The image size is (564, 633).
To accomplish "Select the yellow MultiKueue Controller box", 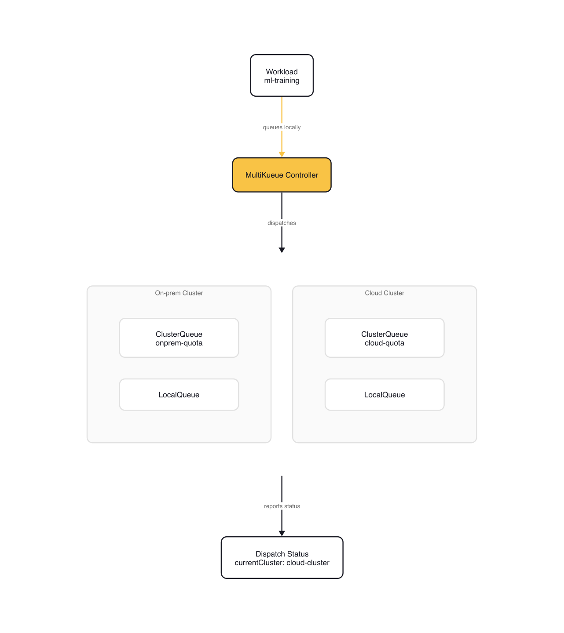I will coord(282,175).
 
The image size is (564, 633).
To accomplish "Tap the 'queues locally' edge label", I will coord(282,127).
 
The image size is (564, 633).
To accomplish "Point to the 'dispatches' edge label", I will coord(282,223).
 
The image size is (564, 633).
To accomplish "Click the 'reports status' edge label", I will coord(282,506).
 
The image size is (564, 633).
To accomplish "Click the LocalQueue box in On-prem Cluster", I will coord(179,395).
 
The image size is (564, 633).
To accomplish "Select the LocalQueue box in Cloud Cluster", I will coord(385,395).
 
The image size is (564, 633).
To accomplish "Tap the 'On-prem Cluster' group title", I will coord(179,293).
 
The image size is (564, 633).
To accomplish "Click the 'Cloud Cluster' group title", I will coord(385,293).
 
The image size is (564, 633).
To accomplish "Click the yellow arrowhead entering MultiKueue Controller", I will coord(282,154).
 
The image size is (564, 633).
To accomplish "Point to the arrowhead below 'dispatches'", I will coord(282,250).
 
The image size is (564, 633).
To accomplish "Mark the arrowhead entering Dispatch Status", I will coord(282,533).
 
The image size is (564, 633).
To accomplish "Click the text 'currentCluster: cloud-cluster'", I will coord(282,563).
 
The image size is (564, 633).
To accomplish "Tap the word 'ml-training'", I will coord(282,80).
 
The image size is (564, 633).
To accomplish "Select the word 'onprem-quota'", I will coord(179,343).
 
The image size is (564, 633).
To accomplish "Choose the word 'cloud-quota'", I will coord(385,343).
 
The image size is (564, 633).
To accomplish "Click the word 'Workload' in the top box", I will coord(282,72).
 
